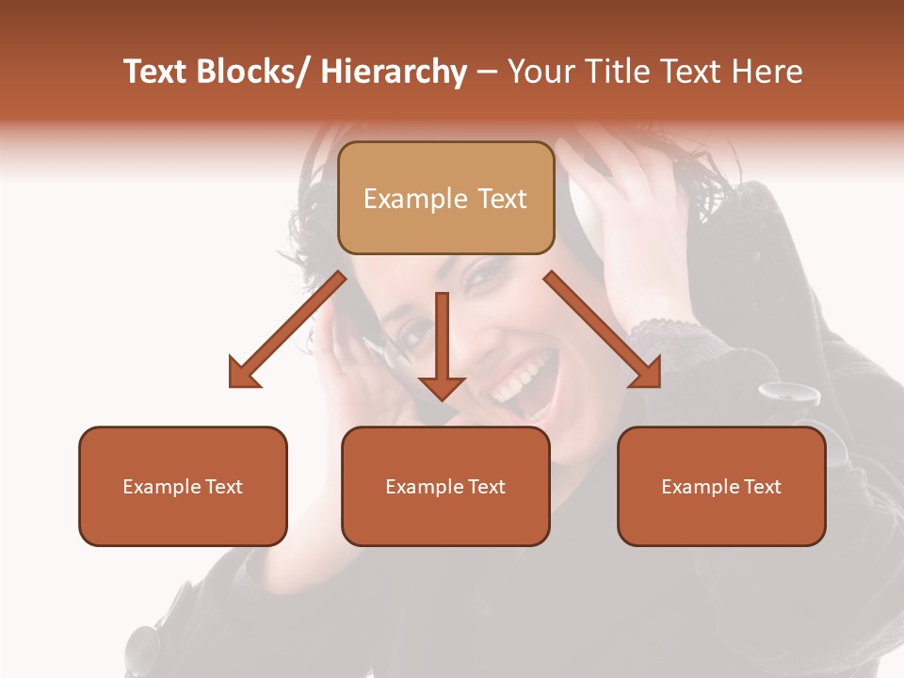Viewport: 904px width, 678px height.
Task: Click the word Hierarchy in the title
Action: click(x=394, y=72)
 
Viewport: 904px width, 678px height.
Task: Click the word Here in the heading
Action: click(x=766, y=72)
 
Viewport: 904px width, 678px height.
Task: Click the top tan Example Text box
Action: click(x=445, y=199)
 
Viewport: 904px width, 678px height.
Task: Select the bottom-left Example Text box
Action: click(x=183, y=487)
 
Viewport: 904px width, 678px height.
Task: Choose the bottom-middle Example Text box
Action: click(x=445, y=487)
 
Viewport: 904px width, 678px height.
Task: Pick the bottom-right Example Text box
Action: click(x=721, y=487)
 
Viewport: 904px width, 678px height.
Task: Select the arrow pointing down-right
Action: click(x=603, y=330)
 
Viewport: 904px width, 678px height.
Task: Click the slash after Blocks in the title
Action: click(x=305, y=72)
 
